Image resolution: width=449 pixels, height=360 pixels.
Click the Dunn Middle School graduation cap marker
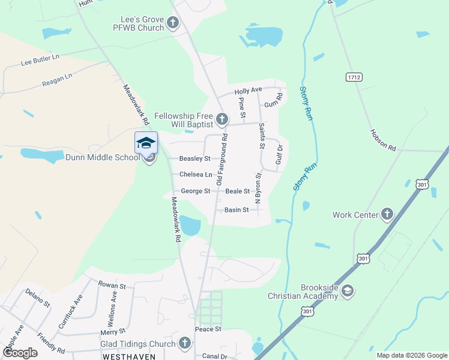[146, 143]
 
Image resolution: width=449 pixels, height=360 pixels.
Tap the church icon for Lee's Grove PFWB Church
[173, 23]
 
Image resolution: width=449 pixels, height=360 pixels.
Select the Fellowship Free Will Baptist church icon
[222, 119]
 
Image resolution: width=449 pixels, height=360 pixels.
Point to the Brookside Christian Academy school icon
[348, 291]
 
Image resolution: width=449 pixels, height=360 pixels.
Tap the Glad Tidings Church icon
[184, 343]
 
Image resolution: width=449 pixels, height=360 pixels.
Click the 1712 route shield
[354, 77]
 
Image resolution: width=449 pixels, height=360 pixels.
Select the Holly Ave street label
[249, 91]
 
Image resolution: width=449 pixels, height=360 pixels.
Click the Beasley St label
[195, 159]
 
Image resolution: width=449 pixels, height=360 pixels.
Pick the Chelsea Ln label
[196, 175]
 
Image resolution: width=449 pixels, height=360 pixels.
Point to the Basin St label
[237, 210]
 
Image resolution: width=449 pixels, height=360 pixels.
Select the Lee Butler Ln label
[40, 60]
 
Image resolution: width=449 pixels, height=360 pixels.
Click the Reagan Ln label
[57, 80]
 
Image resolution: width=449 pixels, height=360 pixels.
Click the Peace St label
[208, 329]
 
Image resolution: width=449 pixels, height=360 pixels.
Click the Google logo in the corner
[19, 353]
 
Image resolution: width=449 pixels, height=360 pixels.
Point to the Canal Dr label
[215, 356]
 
